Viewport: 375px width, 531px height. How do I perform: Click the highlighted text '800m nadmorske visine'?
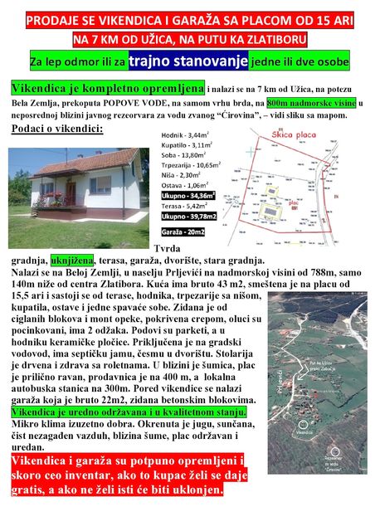pyautogui.click(x=298, y=102)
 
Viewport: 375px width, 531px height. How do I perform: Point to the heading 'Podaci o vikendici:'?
pyautogui.click(x=56, y=129)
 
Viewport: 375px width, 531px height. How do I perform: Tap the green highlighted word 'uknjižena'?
pyautogui.click(x=73, y=259)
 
